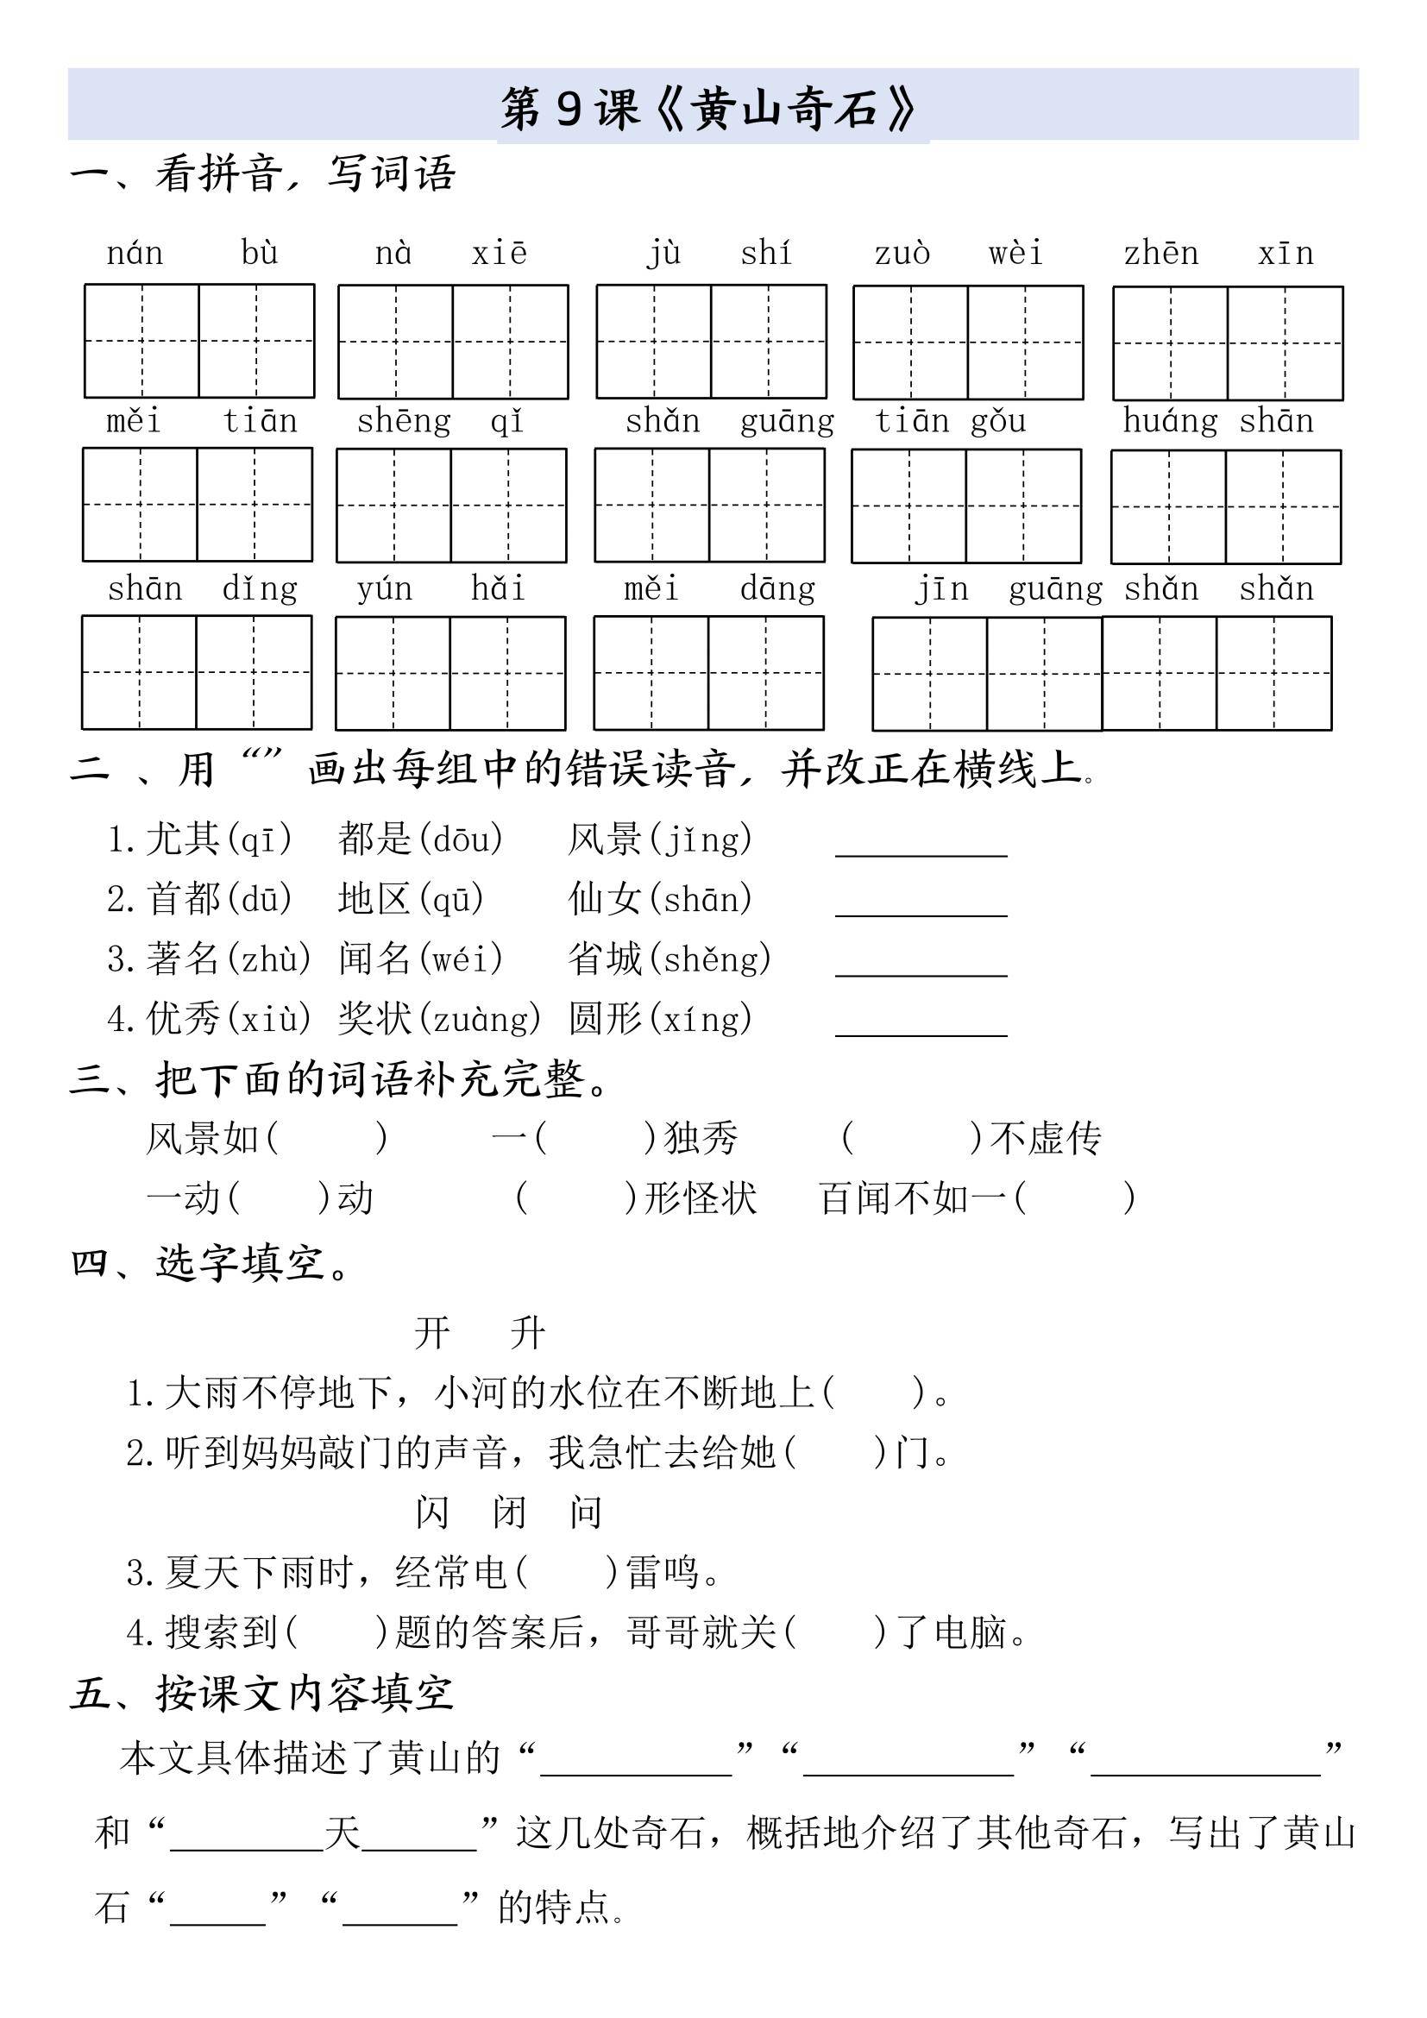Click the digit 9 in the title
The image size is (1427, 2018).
pos(569,109)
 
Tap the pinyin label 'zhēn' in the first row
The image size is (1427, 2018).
pos(1160,253)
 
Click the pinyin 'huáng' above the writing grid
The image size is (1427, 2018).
pos(1171,421)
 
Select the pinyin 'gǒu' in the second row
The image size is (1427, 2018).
pos(998,421)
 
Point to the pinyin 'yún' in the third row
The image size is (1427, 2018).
pos(384,588)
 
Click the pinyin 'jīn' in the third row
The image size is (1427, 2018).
pos(941,588)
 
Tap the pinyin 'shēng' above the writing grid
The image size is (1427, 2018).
pos(403,421)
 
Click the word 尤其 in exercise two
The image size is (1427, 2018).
pos(183,839)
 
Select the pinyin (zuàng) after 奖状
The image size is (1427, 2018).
pos(479,1019)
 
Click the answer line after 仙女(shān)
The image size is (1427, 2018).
pos(921,912)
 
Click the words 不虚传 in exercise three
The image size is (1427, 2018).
pos(1046,1138)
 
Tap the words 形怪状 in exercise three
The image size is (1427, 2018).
pos(701,1198)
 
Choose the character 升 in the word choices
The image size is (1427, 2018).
pos(528,1332)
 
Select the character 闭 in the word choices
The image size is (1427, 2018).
pos(509,1512)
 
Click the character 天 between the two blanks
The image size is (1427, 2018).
pos(343,1833)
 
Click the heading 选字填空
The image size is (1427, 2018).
pos(239,1263)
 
